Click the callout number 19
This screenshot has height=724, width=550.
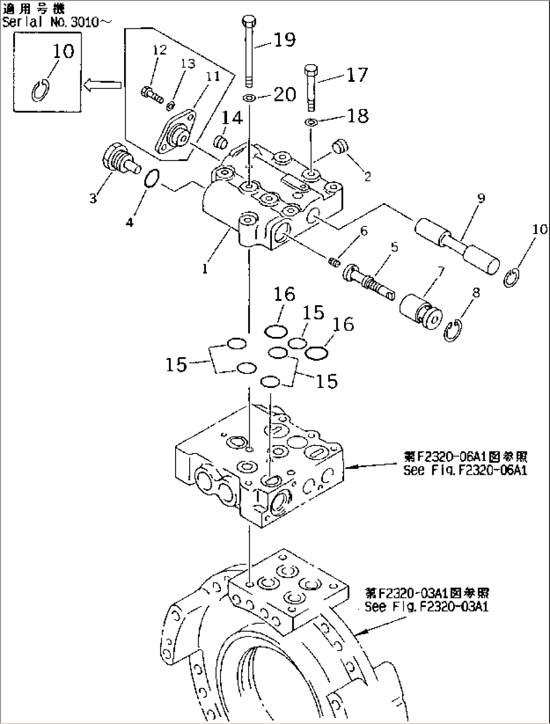284,39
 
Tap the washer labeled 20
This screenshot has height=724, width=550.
248,97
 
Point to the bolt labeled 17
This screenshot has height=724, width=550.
310,87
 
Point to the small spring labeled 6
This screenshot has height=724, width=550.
333,261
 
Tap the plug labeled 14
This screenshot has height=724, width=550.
219,141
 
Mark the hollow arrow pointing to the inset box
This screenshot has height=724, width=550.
102,86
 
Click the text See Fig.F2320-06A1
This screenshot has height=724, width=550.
465,471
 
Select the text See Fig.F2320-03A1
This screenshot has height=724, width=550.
426,606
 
